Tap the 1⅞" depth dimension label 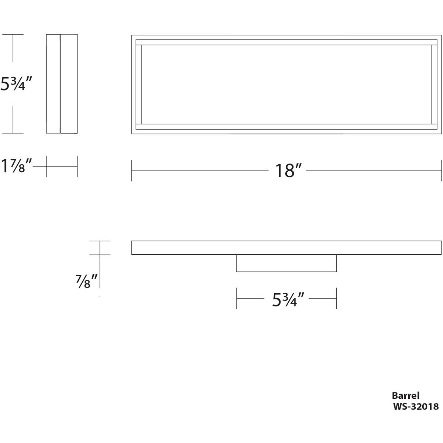click(17, 166)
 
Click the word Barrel click(406, 396)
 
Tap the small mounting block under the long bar click(286, 263)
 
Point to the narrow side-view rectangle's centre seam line click(60, 84)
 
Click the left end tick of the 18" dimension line click(132, 171)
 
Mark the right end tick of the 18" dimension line click(441, 171)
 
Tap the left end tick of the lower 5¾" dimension click(237, 298)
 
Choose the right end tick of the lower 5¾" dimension click(336, 298)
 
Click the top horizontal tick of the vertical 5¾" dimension click(13, 34)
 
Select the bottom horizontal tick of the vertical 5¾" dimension click(13, 133)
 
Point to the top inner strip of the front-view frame click(286, 42)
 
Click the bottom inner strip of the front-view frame click(286, 127)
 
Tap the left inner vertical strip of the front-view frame click(139, 84)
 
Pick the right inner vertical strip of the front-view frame click(434, 84)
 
